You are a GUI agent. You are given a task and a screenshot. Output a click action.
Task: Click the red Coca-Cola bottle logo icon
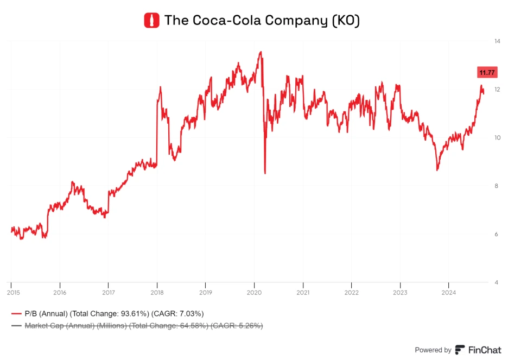tap(151, 21)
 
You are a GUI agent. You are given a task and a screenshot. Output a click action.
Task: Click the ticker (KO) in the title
tap(345, 21)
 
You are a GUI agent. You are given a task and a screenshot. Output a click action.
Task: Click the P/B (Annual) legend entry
tap(109, 314)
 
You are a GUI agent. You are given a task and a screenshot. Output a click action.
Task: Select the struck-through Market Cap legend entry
tap(138, 326)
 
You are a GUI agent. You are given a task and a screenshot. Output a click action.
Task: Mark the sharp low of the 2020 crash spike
tap(265, 173)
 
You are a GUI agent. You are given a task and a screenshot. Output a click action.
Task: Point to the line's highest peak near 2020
tap(261, 52)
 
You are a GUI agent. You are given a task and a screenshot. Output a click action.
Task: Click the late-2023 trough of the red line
tap(437, 170)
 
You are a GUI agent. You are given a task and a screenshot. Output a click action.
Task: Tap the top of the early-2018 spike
tap(160, 87)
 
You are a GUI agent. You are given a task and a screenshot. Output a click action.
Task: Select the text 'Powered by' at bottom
tap(433, 350)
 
